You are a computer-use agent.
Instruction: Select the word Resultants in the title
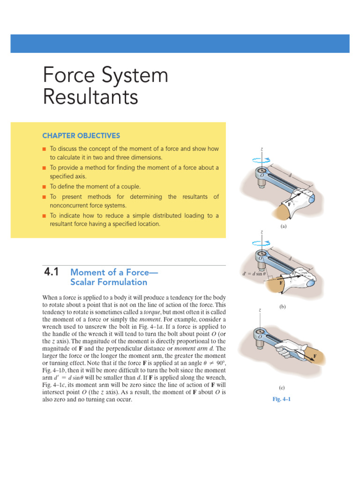pyautogui.click(x=90, y=97)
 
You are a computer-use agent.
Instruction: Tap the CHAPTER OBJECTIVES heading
pyautogui.click(x=81, y=135)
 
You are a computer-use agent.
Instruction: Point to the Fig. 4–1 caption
pyautogui.click(x=282, y=399)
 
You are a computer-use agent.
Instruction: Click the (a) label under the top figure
pyautogui.click(x=283, y=225)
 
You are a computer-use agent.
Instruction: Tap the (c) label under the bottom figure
pyautogui.click(x=282, y=387)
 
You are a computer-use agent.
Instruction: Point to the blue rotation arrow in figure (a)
pyautogui.click(x=261, y=159)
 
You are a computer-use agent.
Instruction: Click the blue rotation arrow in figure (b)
pyautogui.click(x=261, y=243)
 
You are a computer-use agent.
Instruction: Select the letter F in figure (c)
pyautogui.click(x=315, y=356)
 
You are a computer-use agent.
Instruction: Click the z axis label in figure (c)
pyautogui.click(x=260, y=310)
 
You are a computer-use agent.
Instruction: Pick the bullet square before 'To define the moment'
pyautogui.click(x=44, y=187)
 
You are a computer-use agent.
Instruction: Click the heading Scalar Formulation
pyautogui.click(x=108, y=282)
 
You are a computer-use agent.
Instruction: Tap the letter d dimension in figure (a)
pyautogui.click(x=290, y=175)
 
